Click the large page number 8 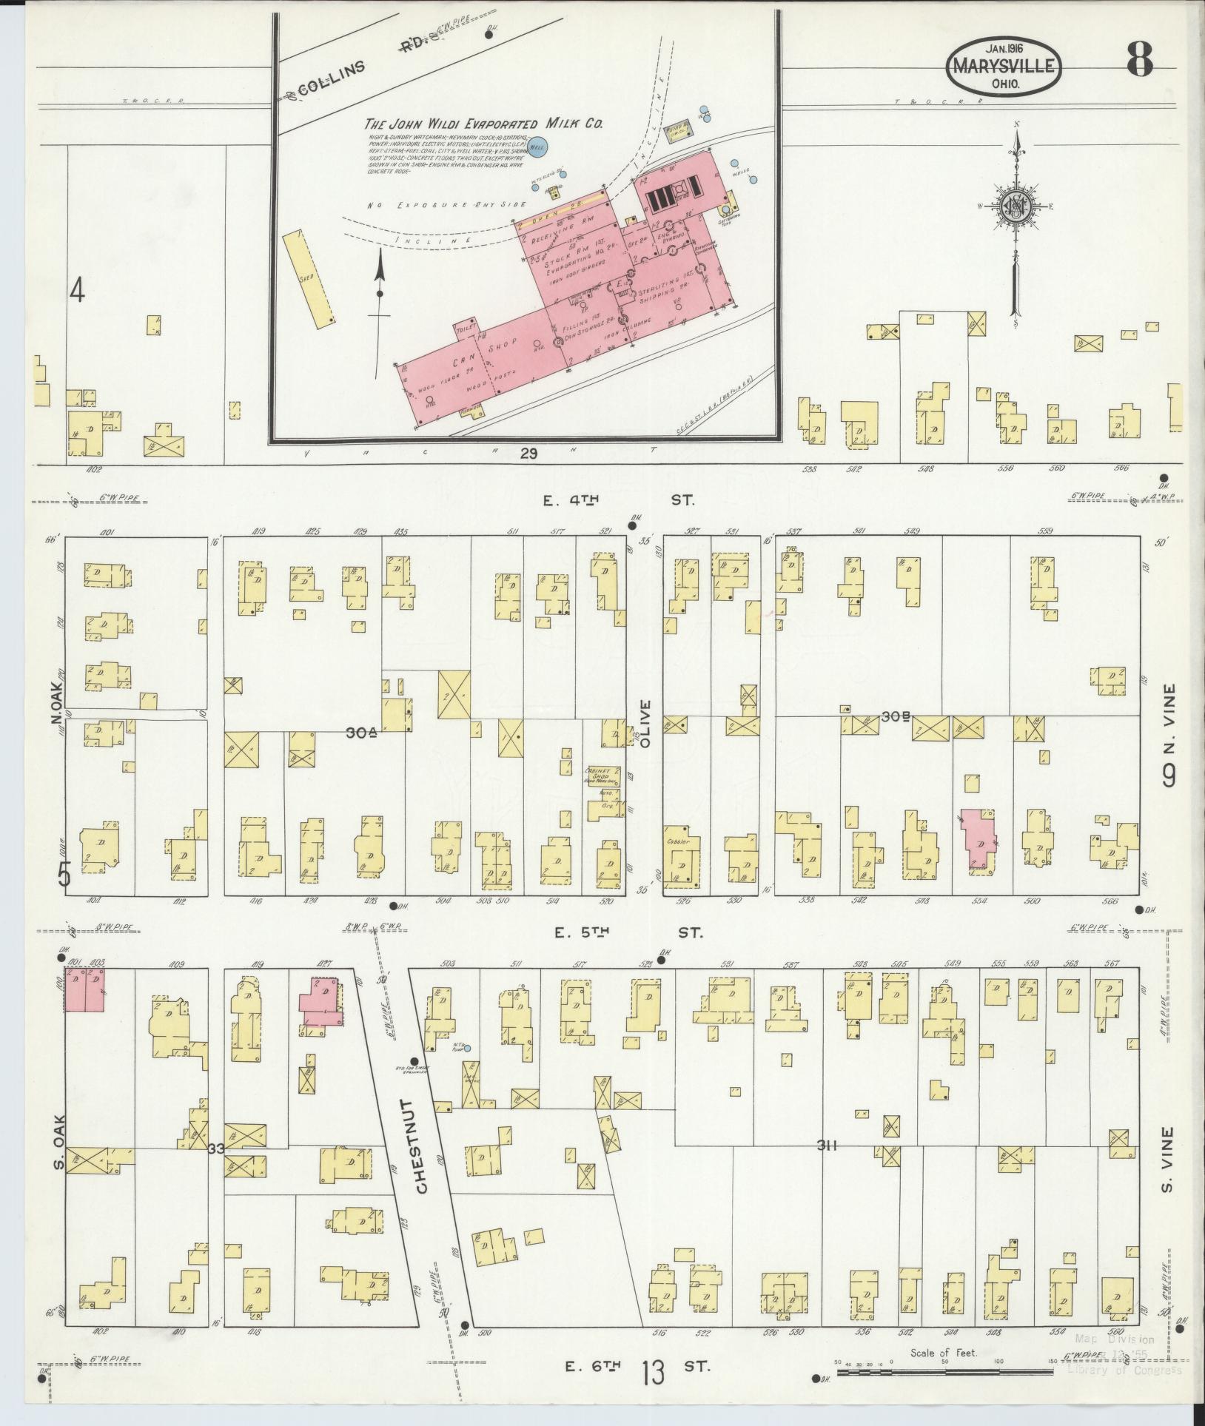[1140, 59]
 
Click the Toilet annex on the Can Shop [468, 331]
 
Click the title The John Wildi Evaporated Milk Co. [485, 124]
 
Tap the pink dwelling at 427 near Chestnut [322, 1000]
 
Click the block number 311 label [827, 1168]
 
